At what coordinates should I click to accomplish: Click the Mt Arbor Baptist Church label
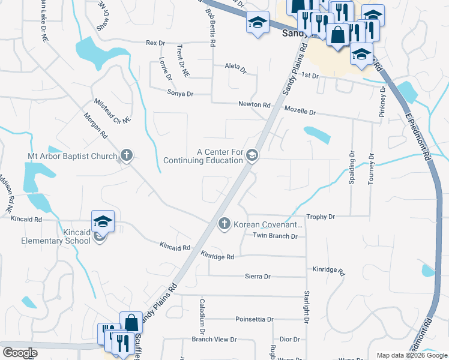click(72, 157)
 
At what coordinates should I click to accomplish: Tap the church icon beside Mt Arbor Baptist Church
click(126, 156)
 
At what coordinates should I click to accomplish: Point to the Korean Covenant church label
click(268, 224)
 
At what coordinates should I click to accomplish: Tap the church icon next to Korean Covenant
click(224, 224)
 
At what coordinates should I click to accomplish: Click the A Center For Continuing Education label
click(203, 156)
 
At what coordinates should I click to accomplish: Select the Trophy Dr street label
click(320, 216)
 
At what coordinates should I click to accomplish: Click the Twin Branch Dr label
click(275, 236)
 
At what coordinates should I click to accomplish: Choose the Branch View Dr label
click(214, 340)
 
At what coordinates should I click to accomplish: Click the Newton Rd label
click(254, 104)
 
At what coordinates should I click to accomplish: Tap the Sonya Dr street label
click(180, 94)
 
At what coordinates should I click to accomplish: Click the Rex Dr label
click(155, 43)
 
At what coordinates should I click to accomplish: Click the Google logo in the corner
click(20, 353)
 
